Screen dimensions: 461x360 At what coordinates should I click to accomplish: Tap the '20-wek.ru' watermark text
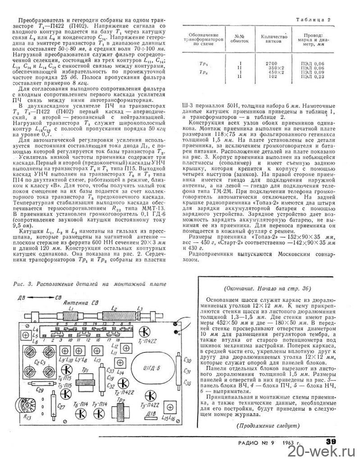325,451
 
